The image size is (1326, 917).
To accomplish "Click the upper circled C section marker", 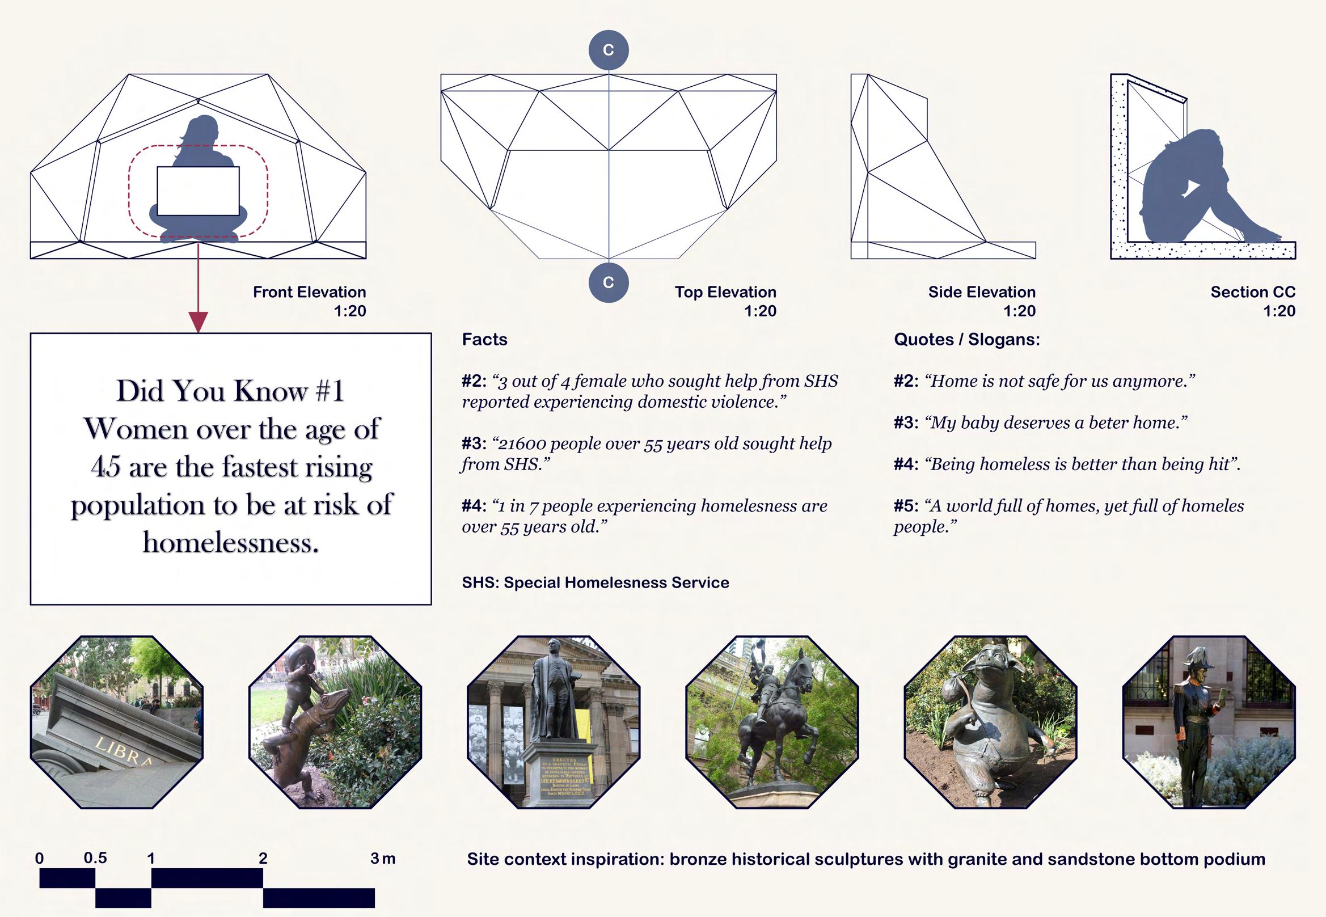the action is point(609,50).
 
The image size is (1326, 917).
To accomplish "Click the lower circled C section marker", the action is point(609,282).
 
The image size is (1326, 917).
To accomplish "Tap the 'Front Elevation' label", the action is point(309,292).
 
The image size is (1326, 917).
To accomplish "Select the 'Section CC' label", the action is point(1252,292).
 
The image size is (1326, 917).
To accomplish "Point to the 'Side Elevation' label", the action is point(981,292).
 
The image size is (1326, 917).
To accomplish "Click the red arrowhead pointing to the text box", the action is point(198,322).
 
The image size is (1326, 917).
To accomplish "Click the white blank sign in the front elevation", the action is point(198,191).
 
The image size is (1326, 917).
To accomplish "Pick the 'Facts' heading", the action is point(484,340).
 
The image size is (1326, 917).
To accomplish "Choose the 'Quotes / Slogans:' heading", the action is point(966,340).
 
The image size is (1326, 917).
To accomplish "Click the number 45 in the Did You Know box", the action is point(106,467).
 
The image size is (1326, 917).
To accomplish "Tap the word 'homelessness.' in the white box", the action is point(230,542).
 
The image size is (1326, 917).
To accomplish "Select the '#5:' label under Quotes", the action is point(906,506).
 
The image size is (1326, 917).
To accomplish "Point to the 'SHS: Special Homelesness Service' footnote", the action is point(595,582).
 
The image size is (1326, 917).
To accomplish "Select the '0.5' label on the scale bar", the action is point(95,858).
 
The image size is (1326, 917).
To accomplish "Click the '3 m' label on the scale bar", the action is point(383,859).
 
